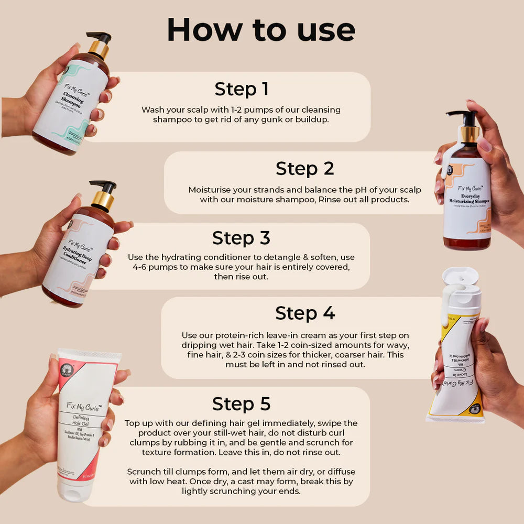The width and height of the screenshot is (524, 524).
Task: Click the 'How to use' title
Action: click(x=261, y=30)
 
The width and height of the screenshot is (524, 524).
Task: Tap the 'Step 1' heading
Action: click(x=241, y=89)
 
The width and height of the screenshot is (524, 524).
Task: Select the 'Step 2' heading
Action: click(x=304, y=169)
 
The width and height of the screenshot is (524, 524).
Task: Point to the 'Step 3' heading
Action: click(x=241, y=238)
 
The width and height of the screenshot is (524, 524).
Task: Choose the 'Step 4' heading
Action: click(x=304, y=313)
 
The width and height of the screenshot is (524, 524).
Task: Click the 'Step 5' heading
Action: click(x=241, y=404)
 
